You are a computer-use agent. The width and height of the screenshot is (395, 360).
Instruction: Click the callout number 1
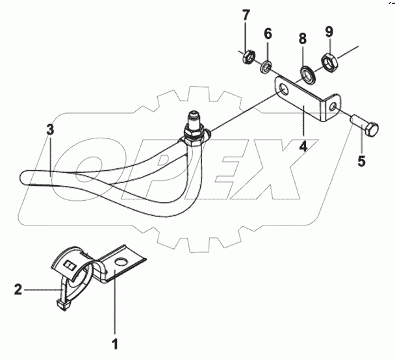116,342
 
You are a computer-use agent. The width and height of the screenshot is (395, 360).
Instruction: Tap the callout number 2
18,289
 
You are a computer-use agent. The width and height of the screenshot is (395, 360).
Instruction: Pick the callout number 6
267,32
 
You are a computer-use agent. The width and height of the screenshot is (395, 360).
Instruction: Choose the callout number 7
246,15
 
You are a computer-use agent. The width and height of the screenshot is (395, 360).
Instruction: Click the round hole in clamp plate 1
120,262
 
